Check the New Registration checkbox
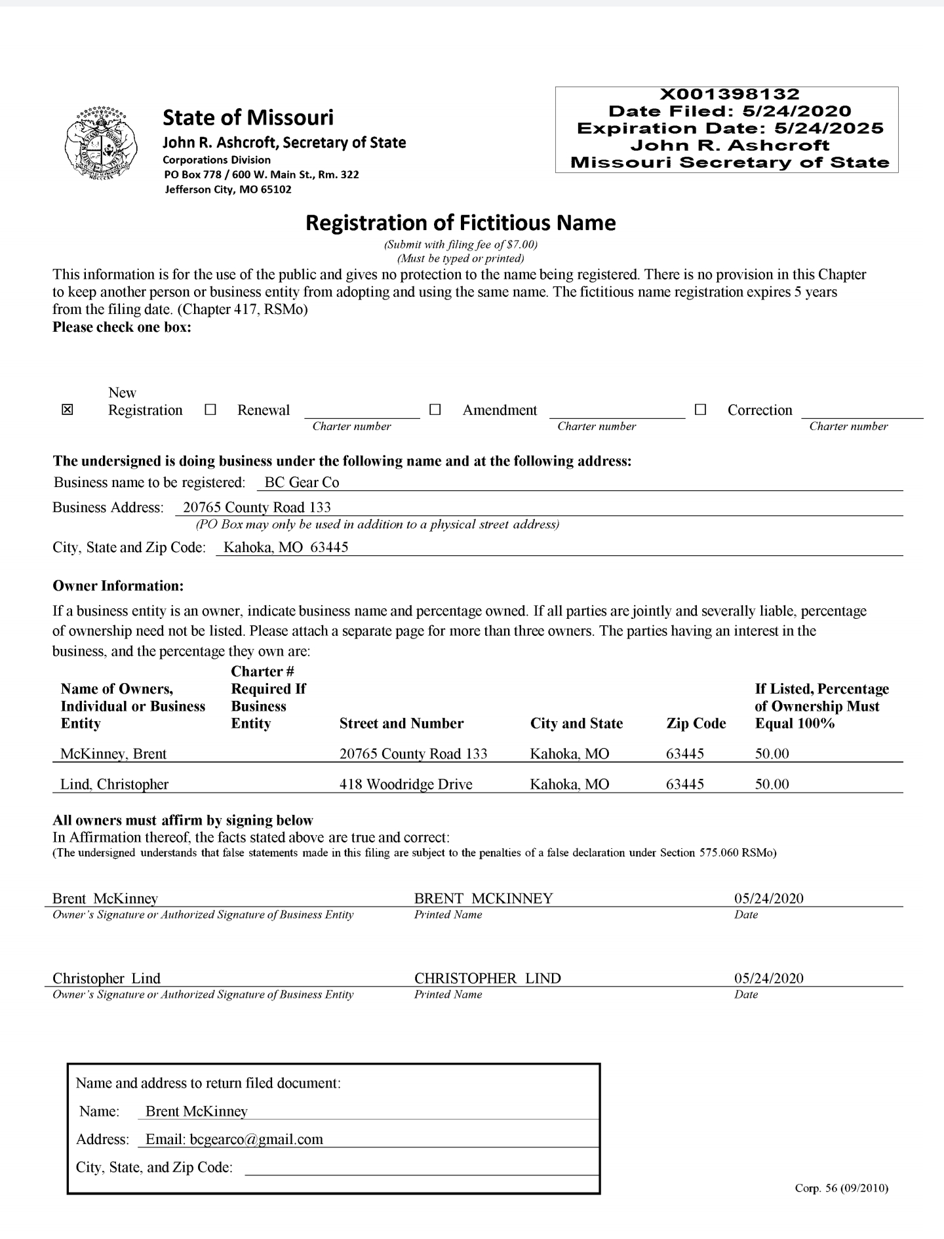pos(67,410)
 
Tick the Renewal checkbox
pos(210,410)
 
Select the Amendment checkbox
pos(435,410)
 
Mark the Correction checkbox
pos(700,410)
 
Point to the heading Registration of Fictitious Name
pos(461,223)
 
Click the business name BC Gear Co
pos(302,482)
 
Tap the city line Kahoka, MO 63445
pos(286,547)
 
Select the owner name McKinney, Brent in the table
pos(113,754)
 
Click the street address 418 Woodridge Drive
pos(406,784)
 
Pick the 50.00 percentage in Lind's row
pos(772,784)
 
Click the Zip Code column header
pos(696,724)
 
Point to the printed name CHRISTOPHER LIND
pos(487,979)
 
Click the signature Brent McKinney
pos(105,899)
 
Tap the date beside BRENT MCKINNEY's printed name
pos(768,899)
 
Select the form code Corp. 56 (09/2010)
pos(841,1188)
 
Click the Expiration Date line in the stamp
pos(730,128)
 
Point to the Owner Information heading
pos(118,585)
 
